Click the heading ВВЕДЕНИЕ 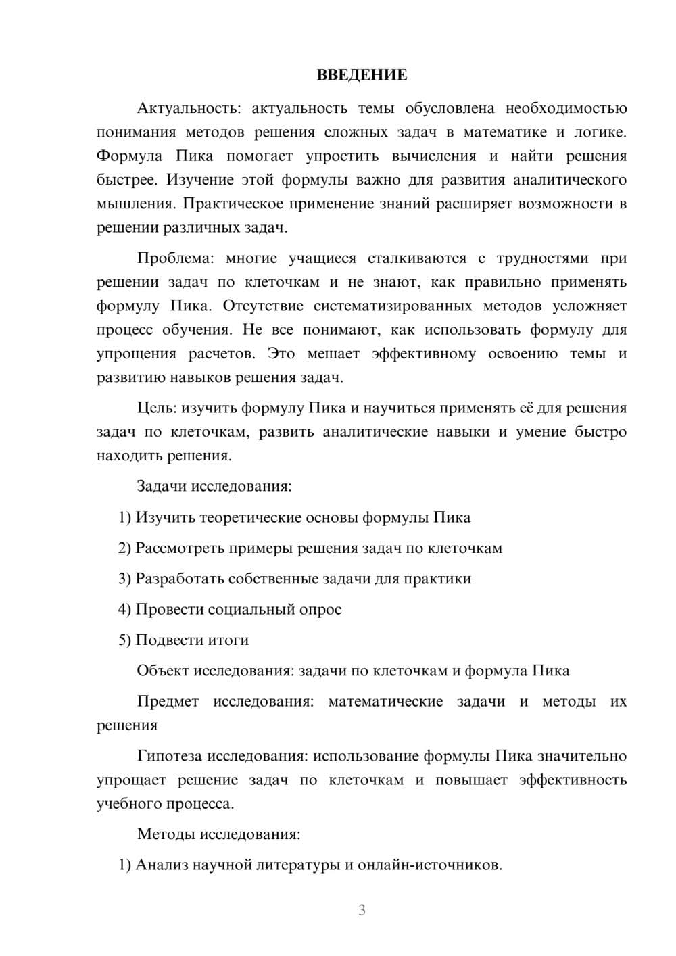[x=362, y=75]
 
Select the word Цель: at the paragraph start [x=157, y=408]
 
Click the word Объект [x=163, y=671]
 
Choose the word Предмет [x=168, y=702]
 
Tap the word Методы [x=166, y=834]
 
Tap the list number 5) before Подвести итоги [x=125, y=640]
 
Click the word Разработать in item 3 [x=180, y=579]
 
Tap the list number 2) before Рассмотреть [x=125, y=548]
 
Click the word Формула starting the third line [x=130, y=156]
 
